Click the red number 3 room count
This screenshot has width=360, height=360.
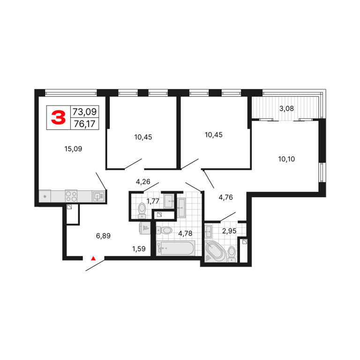[x=58, y=117]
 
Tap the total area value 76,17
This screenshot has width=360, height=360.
[x=84, y=124]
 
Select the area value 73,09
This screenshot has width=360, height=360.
[x=84, y=112]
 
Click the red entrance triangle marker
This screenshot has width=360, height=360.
[x=93, y=258]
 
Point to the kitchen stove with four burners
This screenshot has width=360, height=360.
[x=71, y=196]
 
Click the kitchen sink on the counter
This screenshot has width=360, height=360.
[x=98, y=196]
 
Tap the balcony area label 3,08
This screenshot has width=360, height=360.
[x=286, y=108]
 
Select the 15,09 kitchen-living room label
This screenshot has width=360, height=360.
[x=73, y=149]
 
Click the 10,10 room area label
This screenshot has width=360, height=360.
[x=286, y=159]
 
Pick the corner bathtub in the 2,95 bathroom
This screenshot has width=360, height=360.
[x=215, y=251]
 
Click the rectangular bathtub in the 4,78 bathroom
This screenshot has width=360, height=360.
[x=175, y=248]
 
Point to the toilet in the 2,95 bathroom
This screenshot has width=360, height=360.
[x=232, y=254]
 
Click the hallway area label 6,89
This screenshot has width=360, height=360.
[x=103, y=236]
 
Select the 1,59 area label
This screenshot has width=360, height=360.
[x=139, y=248]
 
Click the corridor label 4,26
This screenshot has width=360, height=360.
[x=143, y=181]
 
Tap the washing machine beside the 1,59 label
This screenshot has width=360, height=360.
[x=145, y=228]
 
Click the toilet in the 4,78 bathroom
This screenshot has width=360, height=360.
[x=164, y=230]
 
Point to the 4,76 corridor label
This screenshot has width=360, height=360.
[x=225, y=197]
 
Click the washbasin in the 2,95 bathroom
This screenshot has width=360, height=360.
[x=209, y=232]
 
